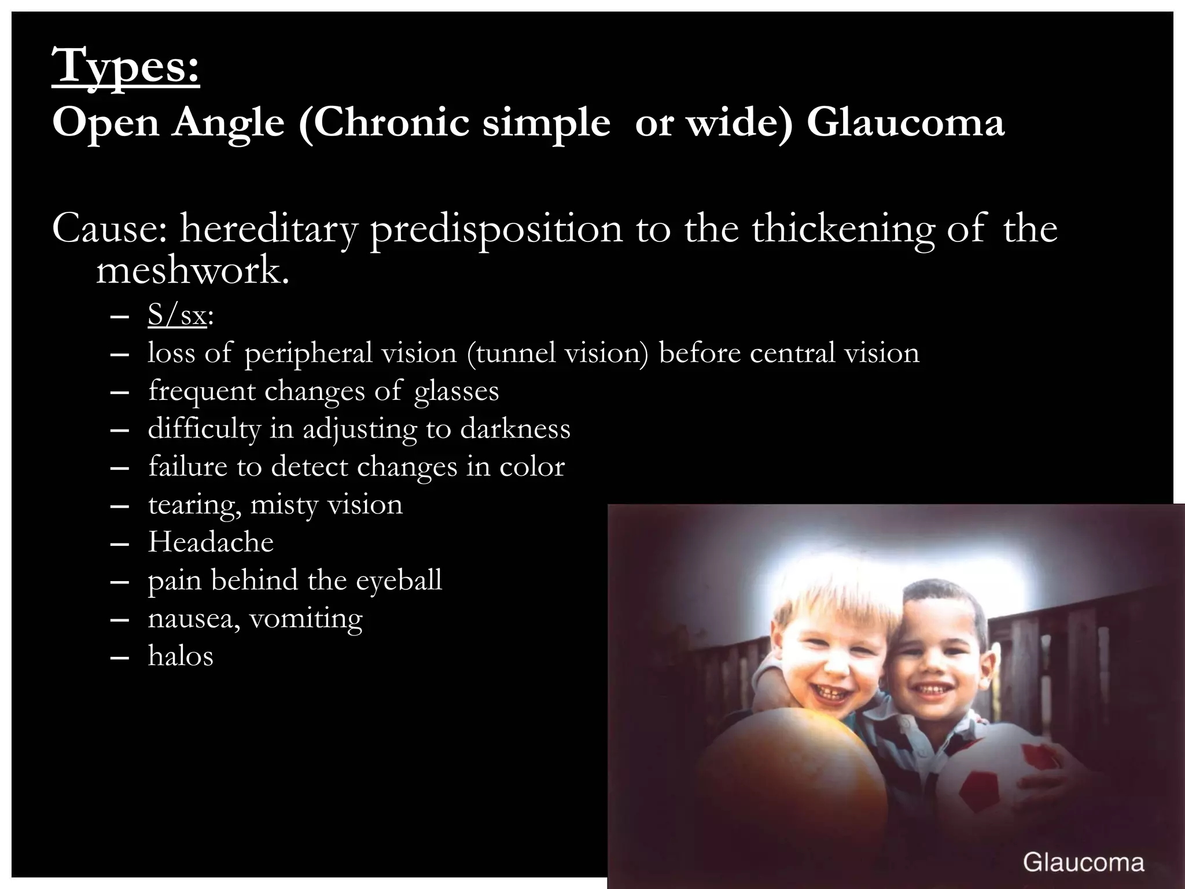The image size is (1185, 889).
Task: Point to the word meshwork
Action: click(192, 271)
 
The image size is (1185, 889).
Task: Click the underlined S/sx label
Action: click(177, 316)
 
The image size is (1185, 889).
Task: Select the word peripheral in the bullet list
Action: click(308, 353)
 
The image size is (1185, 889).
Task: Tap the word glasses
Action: click(457, 391)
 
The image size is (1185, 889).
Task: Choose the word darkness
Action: click(516, 429)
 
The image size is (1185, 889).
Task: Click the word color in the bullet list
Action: click(532, 466)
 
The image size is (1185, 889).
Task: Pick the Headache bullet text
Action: click(211, 542)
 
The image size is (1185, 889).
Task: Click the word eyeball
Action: click(399, 580)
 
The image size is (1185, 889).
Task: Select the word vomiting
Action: click(306, 618)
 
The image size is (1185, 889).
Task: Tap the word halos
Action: click(181, 656)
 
